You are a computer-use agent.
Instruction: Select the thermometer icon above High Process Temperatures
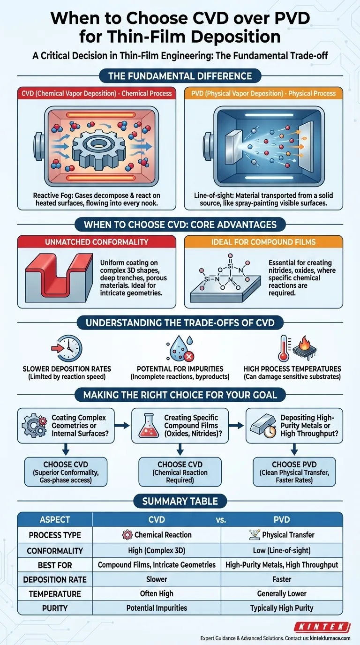coord(284,348)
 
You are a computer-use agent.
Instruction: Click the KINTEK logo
coord(322,627)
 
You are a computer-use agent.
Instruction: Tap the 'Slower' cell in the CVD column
coord(157,579)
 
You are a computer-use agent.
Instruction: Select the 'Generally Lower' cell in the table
coord(282,593)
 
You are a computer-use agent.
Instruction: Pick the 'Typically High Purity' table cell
coord(282,608)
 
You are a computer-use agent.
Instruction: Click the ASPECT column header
coord(55,519)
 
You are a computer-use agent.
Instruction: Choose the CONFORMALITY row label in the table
coord(55,551)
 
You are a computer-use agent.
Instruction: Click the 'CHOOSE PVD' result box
coord(294,472)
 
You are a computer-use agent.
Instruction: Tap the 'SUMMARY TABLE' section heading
coord(180,501)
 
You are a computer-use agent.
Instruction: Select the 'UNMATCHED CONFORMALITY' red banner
coord(97,242)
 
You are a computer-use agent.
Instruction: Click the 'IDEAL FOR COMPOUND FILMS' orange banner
coord(263,242)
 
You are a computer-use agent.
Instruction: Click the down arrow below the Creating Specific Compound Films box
coord(180,449)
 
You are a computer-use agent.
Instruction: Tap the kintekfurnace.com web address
coord(330,638)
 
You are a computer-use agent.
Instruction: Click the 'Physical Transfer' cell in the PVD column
coord(282,535)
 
